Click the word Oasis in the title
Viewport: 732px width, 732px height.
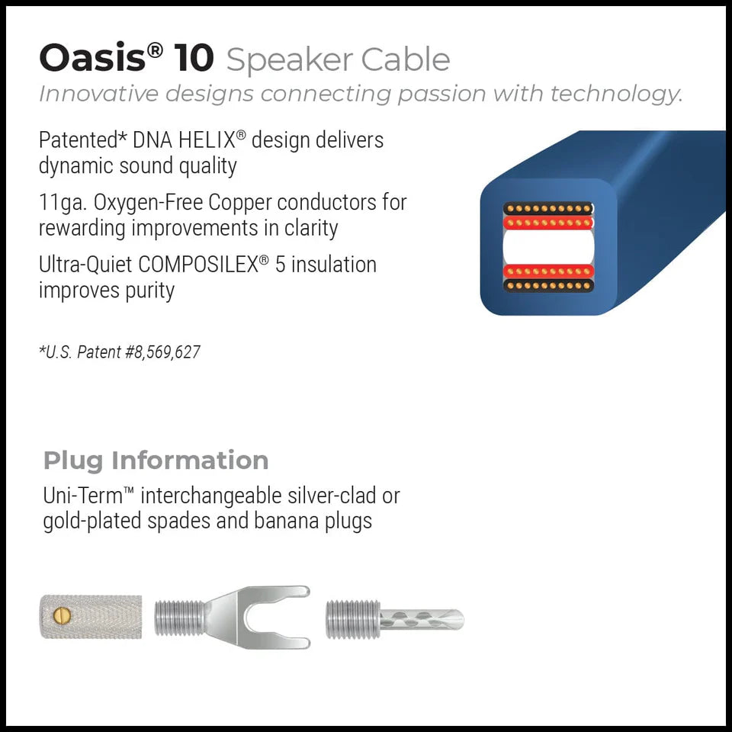pos(89,58)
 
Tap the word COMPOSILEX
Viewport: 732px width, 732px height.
pos(197,265)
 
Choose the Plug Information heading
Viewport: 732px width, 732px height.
pos(156,461)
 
